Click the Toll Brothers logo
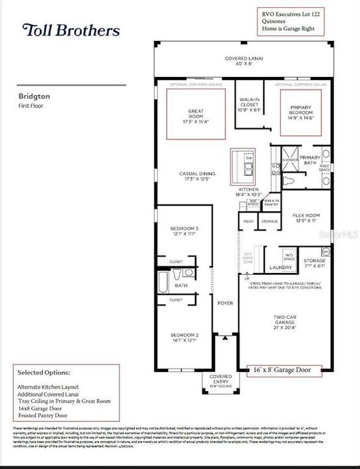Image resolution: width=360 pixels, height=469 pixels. pyautogui.click(x=70, y=30)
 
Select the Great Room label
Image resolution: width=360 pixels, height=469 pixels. pyautogui.click(x=196, y=115)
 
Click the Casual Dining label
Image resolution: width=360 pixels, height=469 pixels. pyautogui.click(x=197, y=176)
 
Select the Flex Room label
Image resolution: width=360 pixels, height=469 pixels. pyautogui.click(x=305, y=218)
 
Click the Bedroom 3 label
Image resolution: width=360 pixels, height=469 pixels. pyautogui.click(x=184, y=231)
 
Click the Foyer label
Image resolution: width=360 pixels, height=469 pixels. pyautogui.click(x=225, y=303)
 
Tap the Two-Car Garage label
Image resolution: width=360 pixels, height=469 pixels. pyautogui.click(x=286, y=322)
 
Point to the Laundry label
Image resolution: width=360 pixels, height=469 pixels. pyautogui.click(x=281, y=268)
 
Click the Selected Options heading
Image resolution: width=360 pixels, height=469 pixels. pyautogui.click(x=44, y=373)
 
